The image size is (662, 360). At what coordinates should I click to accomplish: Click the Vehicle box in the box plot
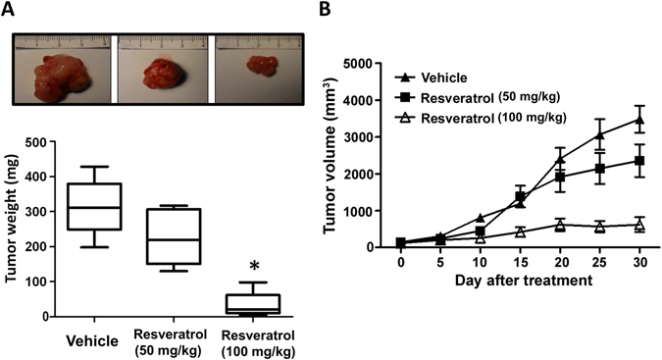[93, 206]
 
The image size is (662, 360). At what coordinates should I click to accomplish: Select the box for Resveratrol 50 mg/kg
[175, 235]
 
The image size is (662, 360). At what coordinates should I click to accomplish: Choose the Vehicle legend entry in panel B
[436, 77]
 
